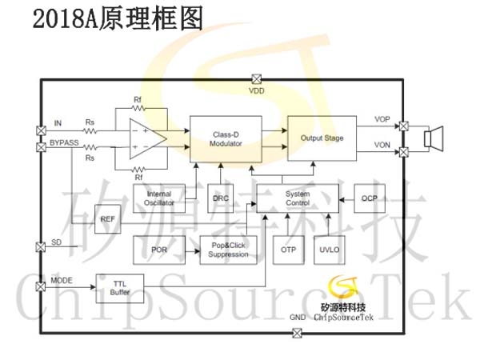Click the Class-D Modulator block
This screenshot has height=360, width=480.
pos(226,139)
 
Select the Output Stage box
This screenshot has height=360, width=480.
pos(322,138)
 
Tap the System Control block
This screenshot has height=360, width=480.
pos(298,198)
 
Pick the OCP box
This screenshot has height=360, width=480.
pos(370,198)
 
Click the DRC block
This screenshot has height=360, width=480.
pos(221,198)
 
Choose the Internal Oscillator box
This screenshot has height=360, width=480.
pos(159,198)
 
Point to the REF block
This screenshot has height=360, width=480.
pos(107,219)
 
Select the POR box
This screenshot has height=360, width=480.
pos(159,250)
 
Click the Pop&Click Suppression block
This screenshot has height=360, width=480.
pos(228,250)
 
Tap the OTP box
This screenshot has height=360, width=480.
pos(288,250)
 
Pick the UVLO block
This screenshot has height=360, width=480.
pos(330,250)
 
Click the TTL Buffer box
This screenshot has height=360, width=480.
pos(120,288)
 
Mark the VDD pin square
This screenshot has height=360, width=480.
pos(257,79)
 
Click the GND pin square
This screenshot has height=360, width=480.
pos(297,333)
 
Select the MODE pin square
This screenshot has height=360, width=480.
pos(41,287)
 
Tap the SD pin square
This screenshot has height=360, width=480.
pos(41,246)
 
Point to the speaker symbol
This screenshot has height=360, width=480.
pos(434,138)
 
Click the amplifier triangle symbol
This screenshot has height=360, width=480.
pos(148,138)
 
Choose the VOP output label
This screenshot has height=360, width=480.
pos(382,119)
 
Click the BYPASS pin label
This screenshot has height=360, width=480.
pos(64,142)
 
